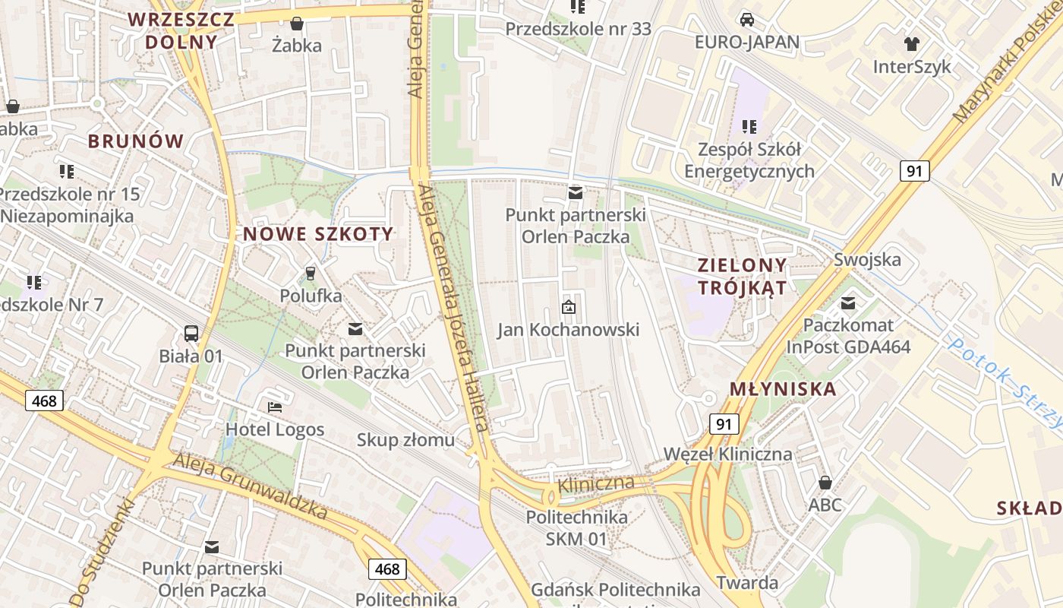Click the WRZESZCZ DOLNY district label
pos(181,30)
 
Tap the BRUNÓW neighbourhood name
pos(136,141)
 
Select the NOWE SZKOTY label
pos(318,234)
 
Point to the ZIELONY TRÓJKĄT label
pos(743,277)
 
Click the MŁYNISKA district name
pos(783,389)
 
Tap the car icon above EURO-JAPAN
pos(747,19)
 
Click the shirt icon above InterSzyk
pos(911,44)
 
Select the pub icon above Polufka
pos(310,273)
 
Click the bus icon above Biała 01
pos(191,333)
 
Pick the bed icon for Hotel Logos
pos(275,407)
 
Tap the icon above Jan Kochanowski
pos(568,307)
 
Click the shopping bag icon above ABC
pos(825,483)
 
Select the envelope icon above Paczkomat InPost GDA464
pos(848,304)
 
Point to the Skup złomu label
pos(405,439)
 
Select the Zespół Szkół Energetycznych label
pos(749,160)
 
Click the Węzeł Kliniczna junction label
pos(727,454)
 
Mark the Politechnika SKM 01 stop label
pos(577,528)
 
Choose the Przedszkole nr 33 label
pos(578,29)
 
